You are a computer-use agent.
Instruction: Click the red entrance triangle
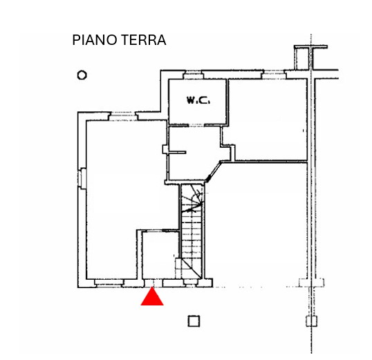pyautogui.click(x=152, y=297)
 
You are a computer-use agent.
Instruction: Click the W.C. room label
pyautogui.click(x=198, y=100)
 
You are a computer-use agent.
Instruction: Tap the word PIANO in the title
pyautogui.click(x=95, y=40)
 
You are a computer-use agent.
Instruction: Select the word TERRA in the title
pyautogui.click(x=145, y=40)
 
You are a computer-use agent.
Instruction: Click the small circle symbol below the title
pyautogui.click(x=82, y=75)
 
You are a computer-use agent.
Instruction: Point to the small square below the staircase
pyautogui.click(x=194, y=321)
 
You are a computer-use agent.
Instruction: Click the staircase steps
pyautogui.click(x=192, y=231)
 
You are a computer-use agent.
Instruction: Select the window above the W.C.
pyautogui.click(x=194, y=75)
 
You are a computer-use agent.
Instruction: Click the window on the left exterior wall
pyautogui.click(x=82, y=178)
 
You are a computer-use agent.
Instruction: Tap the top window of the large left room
pyautogui.click(x=123, y=116)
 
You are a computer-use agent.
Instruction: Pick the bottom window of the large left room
pyautogui.click(x=109, y=283)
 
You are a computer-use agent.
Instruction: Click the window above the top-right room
pyautogui.click(x=274, y=75)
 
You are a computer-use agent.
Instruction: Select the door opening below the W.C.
pyautogui.click(x=196, y=125)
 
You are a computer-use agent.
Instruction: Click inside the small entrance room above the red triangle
pyautogui.click(x=160, y=255)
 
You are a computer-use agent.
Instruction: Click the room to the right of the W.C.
pyautogui.click(x=268, y=119)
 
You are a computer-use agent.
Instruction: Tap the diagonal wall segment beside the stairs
pyautogui.click(x=213, y=171)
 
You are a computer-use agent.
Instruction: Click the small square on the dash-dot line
pyautogui.click(x=312, y=321)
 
